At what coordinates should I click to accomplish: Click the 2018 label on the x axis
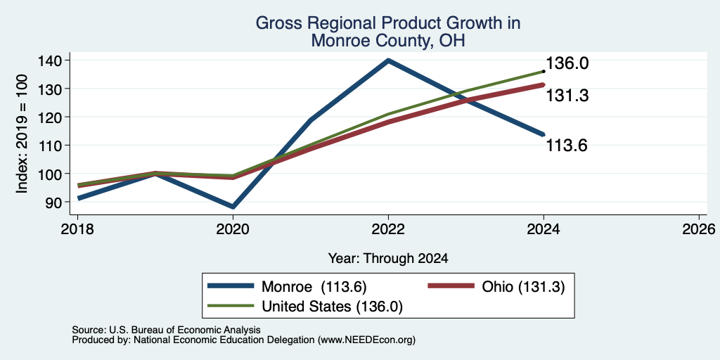tap(77, 229)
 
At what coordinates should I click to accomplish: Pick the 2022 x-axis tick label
tap(388, 229)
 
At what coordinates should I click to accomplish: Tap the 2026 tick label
tap(699, 229)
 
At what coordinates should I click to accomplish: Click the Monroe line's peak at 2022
tap(388, 60)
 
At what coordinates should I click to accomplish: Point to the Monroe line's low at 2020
tap(233, 207)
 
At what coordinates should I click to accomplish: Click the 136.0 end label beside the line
tap(567, 63)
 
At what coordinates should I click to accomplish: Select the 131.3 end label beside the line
tap(567, 96)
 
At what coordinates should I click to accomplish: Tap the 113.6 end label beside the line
tap(567, 146)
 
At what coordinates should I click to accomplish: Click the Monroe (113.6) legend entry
tap(287, 287)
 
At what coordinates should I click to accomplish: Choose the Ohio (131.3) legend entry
tap(496, 287)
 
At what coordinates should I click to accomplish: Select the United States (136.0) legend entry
tap(305, 307)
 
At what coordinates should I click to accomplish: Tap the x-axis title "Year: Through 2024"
tap(388, 259)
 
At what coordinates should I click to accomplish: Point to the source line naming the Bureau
tap(166, 330)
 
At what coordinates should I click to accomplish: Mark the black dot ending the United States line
tap(544, 71)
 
